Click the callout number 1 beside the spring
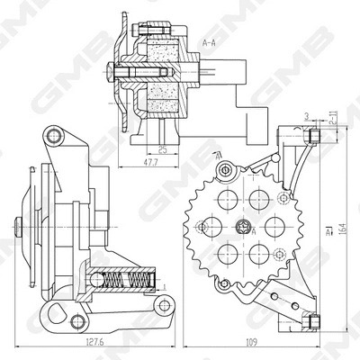coord(166,286)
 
